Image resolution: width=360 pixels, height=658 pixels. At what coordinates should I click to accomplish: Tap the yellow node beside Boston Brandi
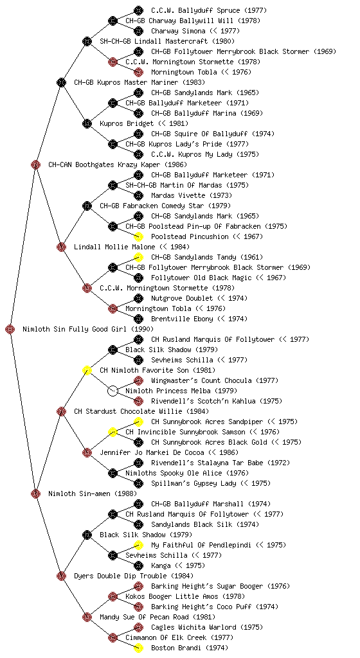click(138, 648)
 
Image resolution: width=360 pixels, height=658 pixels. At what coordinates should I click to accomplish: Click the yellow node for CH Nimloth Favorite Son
click(87, 370)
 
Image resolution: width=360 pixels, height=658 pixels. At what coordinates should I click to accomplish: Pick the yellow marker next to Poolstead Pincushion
click(138, 236)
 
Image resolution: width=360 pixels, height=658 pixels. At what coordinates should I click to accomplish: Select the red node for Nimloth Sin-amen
click(35, 493)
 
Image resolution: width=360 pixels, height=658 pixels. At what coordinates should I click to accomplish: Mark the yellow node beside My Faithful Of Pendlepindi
click(138, 545)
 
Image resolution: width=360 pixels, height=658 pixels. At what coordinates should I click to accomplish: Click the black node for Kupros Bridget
click(87, 124)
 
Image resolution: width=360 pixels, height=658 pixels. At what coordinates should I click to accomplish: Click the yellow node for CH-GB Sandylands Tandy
click(138, 257)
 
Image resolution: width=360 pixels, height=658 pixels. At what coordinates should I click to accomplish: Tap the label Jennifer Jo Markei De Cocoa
click(152, 452)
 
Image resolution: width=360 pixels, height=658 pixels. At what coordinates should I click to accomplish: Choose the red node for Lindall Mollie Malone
click(61, 247)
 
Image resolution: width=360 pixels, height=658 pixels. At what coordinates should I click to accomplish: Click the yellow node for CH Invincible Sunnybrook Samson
click(113, 432)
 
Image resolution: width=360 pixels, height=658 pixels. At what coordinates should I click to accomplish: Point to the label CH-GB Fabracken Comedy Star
click(152, 206)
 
